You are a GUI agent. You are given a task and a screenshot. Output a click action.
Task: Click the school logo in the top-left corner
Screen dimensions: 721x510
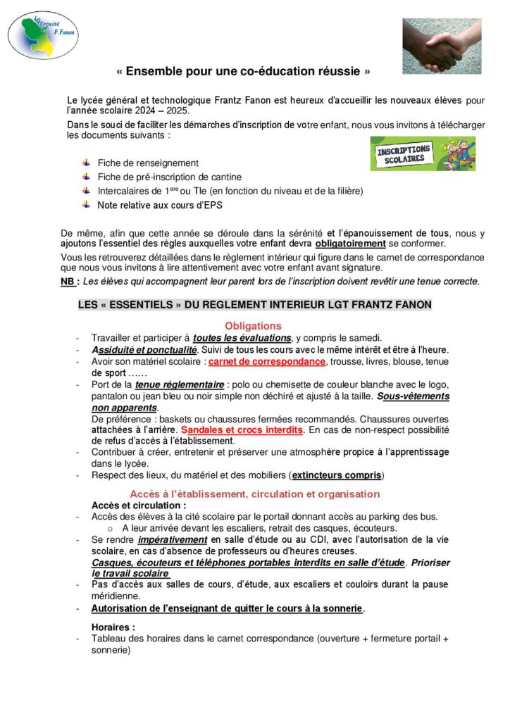pos(43,34)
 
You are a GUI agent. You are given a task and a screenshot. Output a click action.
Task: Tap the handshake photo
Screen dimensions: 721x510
pos(442,46)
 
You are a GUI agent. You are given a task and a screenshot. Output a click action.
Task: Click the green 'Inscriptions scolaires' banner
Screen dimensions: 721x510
pos(423,153)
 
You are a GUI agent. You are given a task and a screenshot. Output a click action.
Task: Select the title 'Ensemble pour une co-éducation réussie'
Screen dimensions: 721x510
pos(243,72)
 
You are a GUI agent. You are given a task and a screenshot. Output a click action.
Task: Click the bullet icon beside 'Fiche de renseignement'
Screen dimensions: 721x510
pos(86,163)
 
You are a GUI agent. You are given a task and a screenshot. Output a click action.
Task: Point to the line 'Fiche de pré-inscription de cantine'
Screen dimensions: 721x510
pos(170,177)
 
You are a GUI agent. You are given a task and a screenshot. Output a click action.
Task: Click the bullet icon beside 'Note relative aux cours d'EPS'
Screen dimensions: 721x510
pos(86,205)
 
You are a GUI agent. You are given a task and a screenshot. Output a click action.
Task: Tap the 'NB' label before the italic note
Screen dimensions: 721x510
pos(68,282)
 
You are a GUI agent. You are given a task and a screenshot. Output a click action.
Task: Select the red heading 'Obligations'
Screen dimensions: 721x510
pos(253,326)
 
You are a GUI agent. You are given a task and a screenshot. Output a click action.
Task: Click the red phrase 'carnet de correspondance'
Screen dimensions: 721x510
pos(267,361)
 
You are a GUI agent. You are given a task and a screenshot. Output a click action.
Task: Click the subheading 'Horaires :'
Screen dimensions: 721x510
pos(113,627)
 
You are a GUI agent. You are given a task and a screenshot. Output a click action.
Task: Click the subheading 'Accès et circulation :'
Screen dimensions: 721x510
pos(139,506)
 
